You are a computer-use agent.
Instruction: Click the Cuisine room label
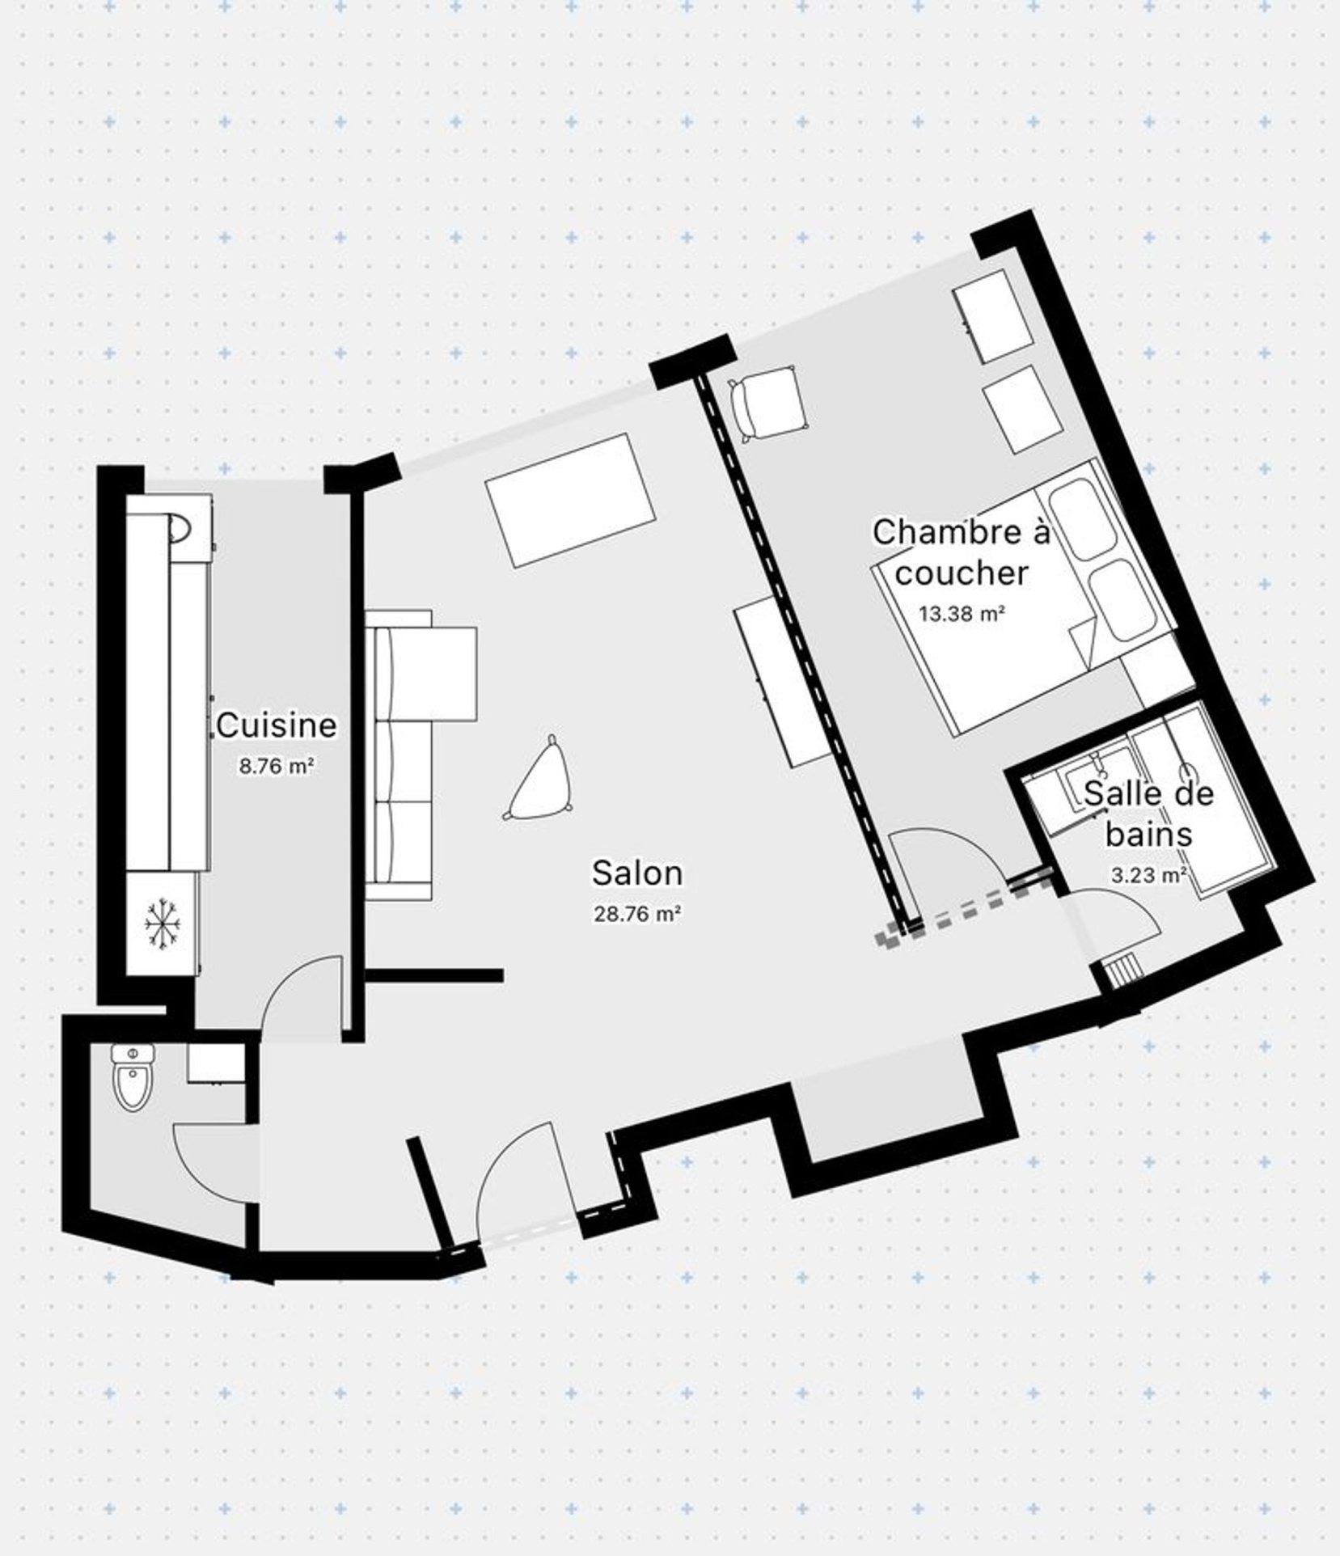point(276,725)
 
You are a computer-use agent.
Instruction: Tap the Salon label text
point(637,873)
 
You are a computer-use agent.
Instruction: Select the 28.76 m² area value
point(637,914)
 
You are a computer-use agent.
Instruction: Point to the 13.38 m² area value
point(962,613)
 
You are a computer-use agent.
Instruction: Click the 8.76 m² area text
point(276,766)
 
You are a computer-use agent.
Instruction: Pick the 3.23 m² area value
point(1149,874)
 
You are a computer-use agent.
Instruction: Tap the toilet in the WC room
point(133,1077)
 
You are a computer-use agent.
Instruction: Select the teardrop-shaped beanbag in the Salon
point(539,780)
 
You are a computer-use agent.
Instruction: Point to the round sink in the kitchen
point(180,528)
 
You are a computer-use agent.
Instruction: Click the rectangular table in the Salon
point(571,501)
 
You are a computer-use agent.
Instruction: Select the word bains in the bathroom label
point(1149,834)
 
